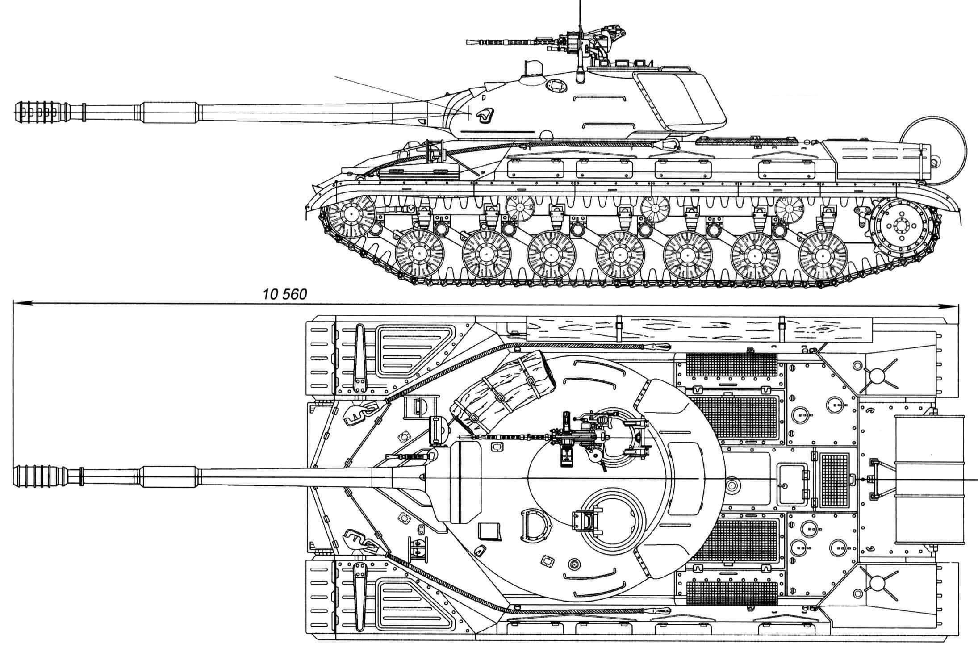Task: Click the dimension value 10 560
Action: coord(285,295)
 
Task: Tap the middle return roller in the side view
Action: coord(655,208)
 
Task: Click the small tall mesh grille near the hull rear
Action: coord(835,479)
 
